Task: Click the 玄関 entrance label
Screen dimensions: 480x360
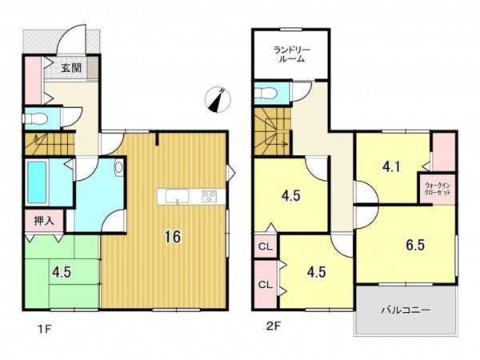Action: (x=72, y=68)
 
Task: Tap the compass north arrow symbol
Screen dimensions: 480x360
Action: (x=218, y=99)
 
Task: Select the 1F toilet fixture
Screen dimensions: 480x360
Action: (x=34, y=118)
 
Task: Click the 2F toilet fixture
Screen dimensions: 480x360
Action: (x=266, y=92)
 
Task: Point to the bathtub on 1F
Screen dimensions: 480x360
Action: (x=37, y=182)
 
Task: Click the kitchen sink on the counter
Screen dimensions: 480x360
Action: (x=178, y=196)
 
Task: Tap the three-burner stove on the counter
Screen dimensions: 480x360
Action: (x=210, y=196)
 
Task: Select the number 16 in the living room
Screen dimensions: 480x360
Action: (x=173, y=237)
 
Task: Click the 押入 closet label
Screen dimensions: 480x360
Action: (x=44, y=221)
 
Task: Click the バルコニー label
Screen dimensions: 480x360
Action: (x=406, y=310)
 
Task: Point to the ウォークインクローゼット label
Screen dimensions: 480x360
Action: (x=438, y=189)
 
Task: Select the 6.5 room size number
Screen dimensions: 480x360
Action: (x=415, y=245)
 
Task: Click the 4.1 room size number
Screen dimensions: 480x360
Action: (x=391, y=167)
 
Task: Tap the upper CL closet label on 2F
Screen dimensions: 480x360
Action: (x=266, y=246)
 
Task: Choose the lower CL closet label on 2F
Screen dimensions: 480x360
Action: (x=266, y=285)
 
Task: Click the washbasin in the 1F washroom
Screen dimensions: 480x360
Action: (x=118, y=168)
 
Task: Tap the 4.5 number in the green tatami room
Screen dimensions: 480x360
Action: (x=62, y=272)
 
